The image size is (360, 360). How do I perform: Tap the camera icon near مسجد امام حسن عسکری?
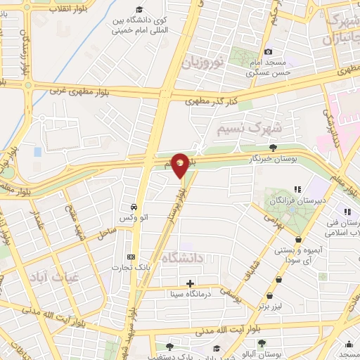(268, 51)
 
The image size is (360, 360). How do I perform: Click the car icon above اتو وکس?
(133, 207)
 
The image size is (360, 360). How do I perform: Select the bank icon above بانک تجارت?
(129, 257)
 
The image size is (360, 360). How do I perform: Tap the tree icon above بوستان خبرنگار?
(272, 147)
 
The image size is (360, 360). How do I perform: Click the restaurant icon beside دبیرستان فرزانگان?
(297, 188)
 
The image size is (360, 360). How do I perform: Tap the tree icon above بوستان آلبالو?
(262, 343)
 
